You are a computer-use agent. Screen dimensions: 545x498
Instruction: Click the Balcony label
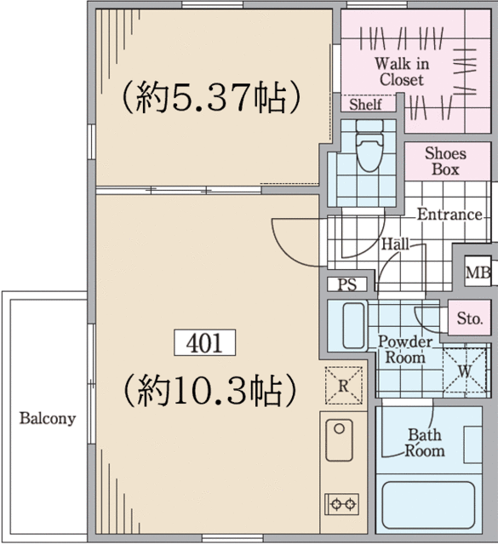point(48,418)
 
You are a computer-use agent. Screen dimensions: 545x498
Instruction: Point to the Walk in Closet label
point(401,72)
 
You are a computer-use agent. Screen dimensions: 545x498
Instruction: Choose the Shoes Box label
point(445,162)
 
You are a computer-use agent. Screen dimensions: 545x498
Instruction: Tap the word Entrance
point(449,214)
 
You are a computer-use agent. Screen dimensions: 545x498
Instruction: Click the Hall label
point(395,244)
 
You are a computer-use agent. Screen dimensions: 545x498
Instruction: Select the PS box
point(346,284)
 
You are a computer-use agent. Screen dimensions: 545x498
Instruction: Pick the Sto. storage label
point(469,319)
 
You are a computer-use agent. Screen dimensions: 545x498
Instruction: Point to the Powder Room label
point(404,349)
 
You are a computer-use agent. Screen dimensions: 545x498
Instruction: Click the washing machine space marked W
point(464,371)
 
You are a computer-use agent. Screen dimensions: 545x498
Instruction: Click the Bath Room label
point(424,442)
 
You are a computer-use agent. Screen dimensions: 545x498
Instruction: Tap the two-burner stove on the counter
point(343,504)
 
